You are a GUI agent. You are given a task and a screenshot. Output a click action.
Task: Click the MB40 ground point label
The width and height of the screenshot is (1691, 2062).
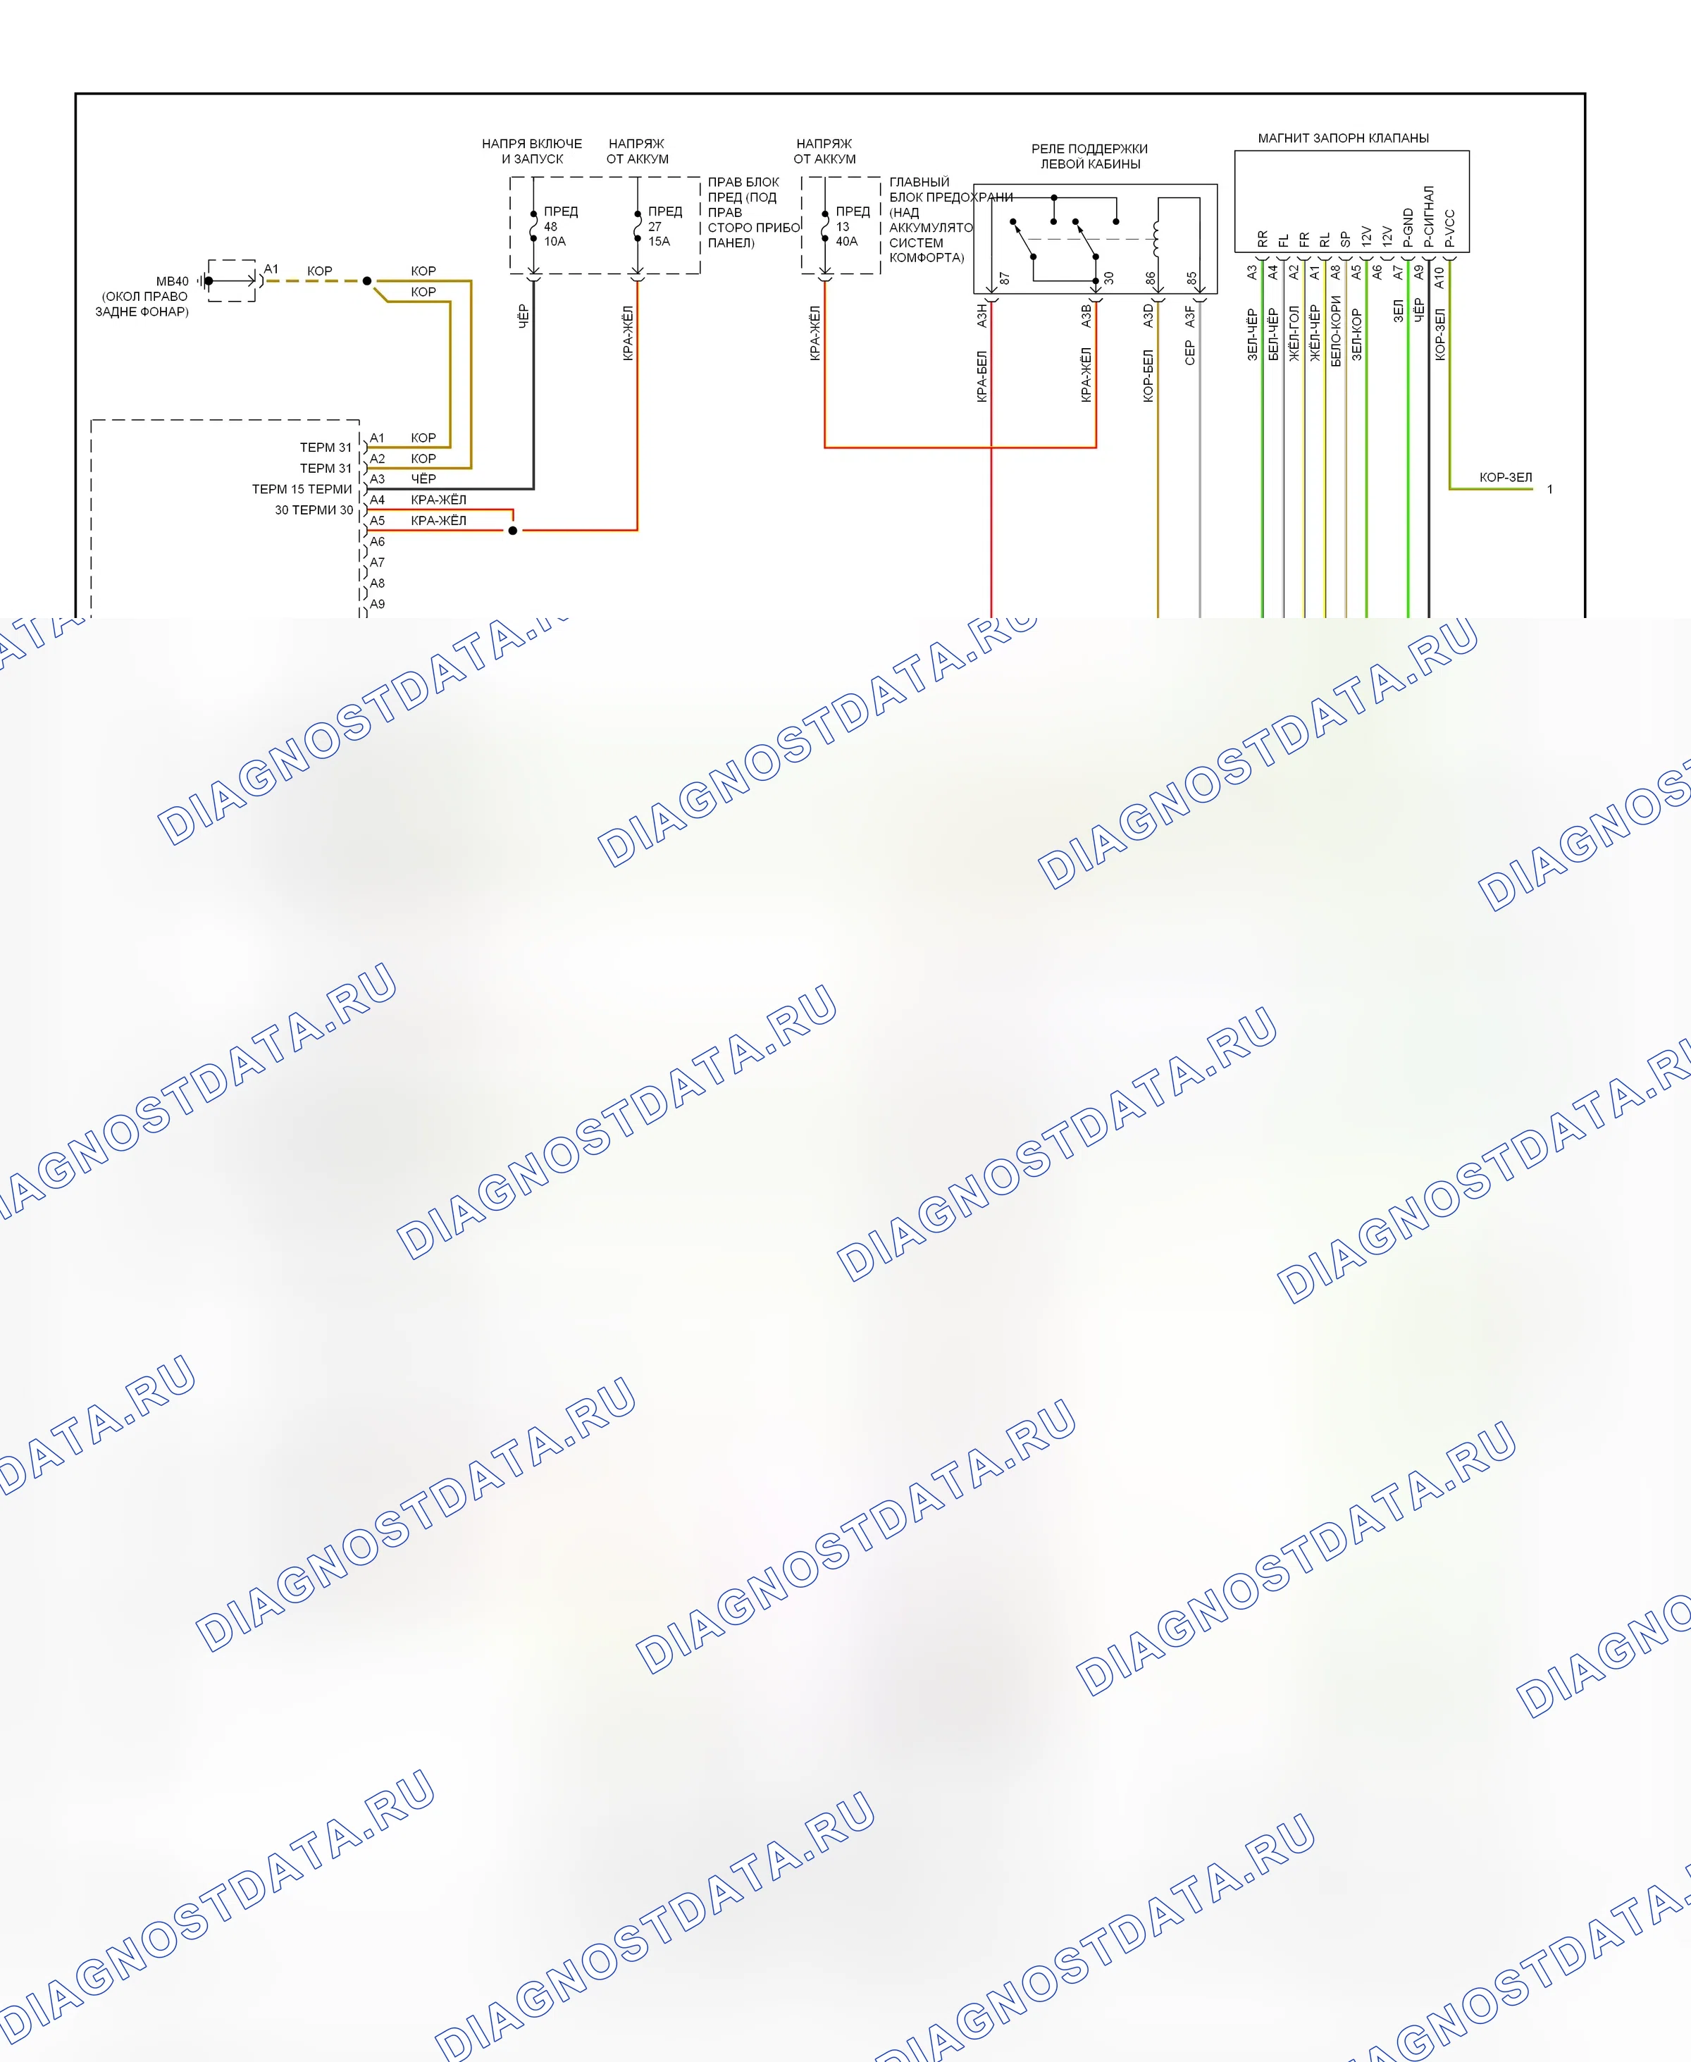173,281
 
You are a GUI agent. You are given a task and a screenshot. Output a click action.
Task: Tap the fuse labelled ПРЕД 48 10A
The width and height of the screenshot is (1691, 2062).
534,226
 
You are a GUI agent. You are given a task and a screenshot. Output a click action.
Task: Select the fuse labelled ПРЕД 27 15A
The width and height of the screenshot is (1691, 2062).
638,226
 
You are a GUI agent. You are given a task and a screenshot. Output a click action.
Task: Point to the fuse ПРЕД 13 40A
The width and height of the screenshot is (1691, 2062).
825,226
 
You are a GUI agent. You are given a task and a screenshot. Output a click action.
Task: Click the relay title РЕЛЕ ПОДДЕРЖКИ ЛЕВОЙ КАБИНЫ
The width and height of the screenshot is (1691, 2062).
1090,156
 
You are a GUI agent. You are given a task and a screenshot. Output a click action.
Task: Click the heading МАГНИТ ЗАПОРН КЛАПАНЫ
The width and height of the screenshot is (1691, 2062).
1343,138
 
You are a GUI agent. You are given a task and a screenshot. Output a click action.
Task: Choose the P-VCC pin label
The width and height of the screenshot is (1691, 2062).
1449,228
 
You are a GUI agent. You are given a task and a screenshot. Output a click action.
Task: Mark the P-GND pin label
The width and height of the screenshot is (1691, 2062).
1408,228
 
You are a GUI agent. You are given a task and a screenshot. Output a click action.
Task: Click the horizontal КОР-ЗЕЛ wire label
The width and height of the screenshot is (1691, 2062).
1505,477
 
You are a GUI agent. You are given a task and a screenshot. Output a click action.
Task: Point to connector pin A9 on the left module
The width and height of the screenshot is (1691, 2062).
377,604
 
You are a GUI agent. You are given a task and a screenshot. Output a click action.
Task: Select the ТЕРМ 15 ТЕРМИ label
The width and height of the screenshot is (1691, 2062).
302,489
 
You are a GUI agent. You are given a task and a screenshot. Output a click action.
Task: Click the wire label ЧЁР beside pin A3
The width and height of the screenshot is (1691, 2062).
423,479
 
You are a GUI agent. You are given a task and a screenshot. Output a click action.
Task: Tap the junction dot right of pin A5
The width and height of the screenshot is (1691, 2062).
512,531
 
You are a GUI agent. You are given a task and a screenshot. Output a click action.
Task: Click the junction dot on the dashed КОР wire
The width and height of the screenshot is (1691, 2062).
367,280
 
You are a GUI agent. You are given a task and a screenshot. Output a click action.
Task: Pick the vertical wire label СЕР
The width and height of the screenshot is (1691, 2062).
1189,352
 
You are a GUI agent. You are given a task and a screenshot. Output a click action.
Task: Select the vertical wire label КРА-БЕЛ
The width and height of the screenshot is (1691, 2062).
982,376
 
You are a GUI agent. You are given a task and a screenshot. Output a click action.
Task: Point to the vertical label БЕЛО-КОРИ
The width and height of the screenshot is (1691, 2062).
1335,331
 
